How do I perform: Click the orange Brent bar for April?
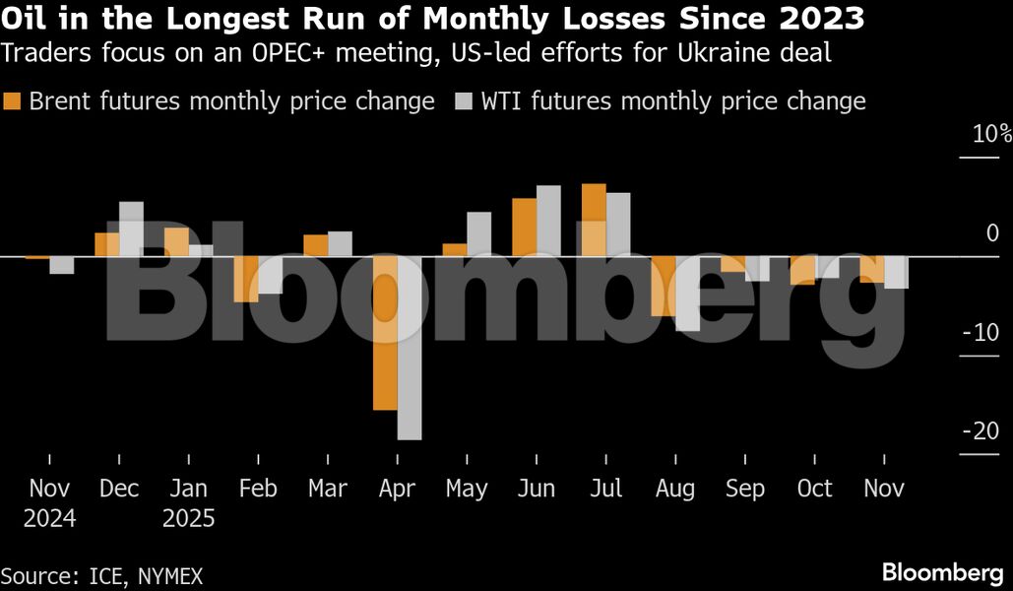tap(385, 333)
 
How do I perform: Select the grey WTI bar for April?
tap(410, 348)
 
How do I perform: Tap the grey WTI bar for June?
tap(548, 221)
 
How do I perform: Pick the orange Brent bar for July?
tap(594, 220)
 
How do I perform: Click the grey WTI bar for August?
tap(687, 294)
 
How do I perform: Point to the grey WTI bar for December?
tap(131, 230)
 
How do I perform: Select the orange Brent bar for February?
tap(245, 279)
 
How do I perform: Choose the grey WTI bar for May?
tap(478, 234)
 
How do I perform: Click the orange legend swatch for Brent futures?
tap(13, 101)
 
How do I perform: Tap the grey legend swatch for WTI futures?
tap(464, 101)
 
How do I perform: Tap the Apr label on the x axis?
tap(397, 489)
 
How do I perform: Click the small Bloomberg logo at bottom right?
tap(943, 572)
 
